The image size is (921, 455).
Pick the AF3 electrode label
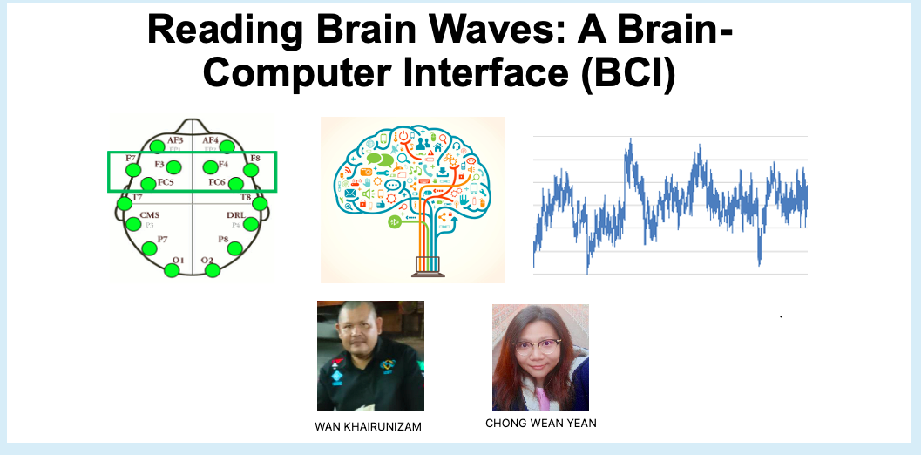pos(175,139)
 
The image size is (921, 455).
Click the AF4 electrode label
pos(210,139)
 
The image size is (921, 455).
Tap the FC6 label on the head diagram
pos(218,182)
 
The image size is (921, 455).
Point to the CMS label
pos(150,214)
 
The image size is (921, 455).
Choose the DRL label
pos(235,214)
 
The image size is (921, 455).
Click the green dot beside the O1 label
pos(172,269)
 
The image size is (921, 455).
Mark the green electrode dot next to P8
pos(234,248)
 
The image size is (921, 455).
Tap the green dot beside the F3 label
pos(174,166)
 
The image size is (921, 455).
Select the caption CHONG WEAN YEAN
pos(540,423)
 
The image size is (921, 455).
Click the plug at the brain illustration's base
pos(425,267)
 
